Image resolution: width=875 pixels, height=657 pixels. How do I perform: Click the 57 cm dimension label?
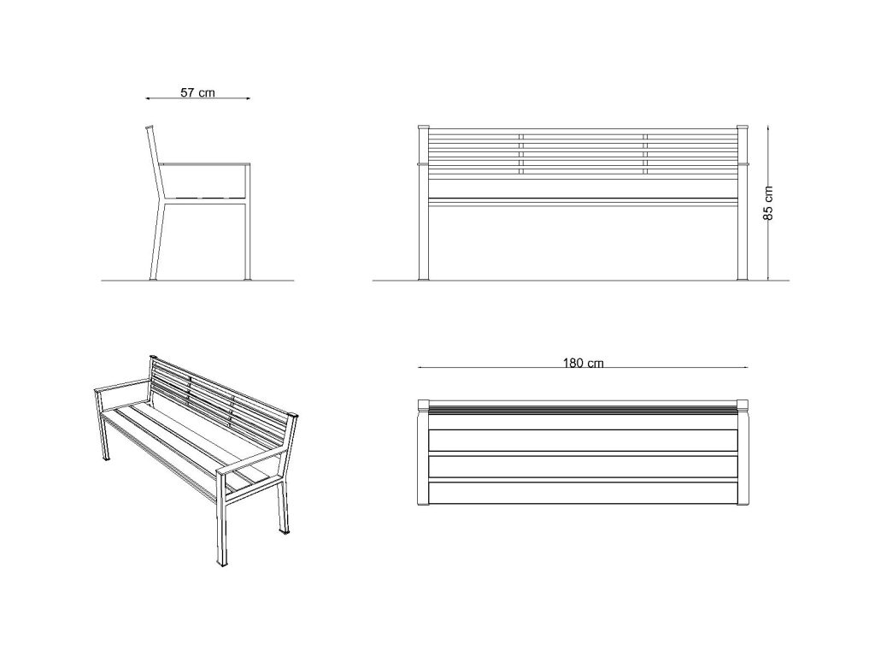point(197,92)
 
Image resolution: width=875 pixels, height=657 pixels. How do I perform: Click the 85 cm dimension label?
point(768,203)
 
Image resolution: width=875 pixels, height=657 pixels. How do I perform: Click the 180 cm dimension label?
point(583,363)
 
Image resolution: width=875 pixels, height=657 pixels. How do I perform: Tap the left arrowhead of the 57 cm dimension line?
point(149,98)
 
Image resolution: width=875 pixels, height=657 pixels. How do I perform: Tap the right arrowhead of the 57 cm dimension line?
point(246,98)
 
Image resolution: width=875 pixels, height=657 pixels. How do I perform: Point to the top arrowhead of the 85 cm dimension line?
point(768,129)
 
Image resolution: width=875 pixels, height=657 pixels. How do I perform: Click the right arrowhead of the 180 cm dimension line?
point(744,367)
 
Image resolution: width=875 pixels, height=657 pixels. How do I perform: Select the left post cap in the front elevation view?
point(424,127)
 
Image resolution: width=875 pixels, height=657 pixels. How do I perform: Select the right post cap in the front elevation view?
point(743,127)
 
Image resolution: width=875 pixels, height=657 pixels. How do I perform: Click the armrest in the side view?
point(205,164)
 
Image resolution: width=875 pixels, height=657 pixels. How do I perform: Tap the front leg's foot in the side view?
point(248,278)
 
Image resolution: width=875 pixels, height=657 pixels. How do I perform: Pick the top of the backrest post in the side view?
point(149,127)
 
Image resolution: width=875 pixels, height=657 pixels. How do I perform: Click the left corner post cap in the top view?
point(424,405)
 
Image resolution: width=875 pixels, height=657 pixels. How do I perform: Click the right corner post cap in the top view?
point(743,405)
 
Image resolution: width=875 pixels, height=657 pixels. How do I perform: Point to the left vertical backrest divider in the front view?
point(521,154)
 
